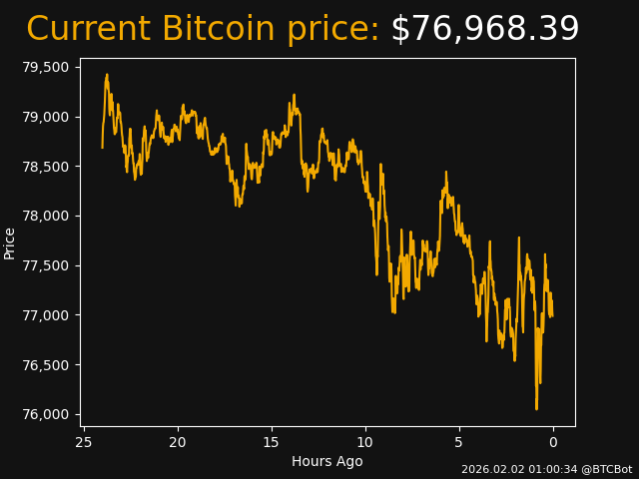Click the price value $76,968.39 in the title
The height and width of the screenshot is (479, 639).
click(x=484, y=30)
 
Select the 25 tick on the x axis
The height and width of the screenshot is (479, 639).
click(x=84, y=442)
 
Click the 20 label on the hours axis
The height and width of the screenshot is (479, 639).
click(x=178, y=442)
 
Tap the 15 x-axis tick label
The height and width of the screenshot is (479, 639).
click(x=272, y=442)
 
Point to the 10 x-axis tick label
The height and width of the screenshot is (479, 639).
click(x=365, y=442)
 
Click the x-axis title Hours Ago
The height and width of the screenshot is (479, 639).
click(x=327, y=461)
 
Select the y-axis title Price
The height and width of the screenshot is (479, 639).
click(x=10, y=242)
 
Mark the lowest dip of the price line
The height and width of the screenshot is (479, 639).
click(x=536, y=408)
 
